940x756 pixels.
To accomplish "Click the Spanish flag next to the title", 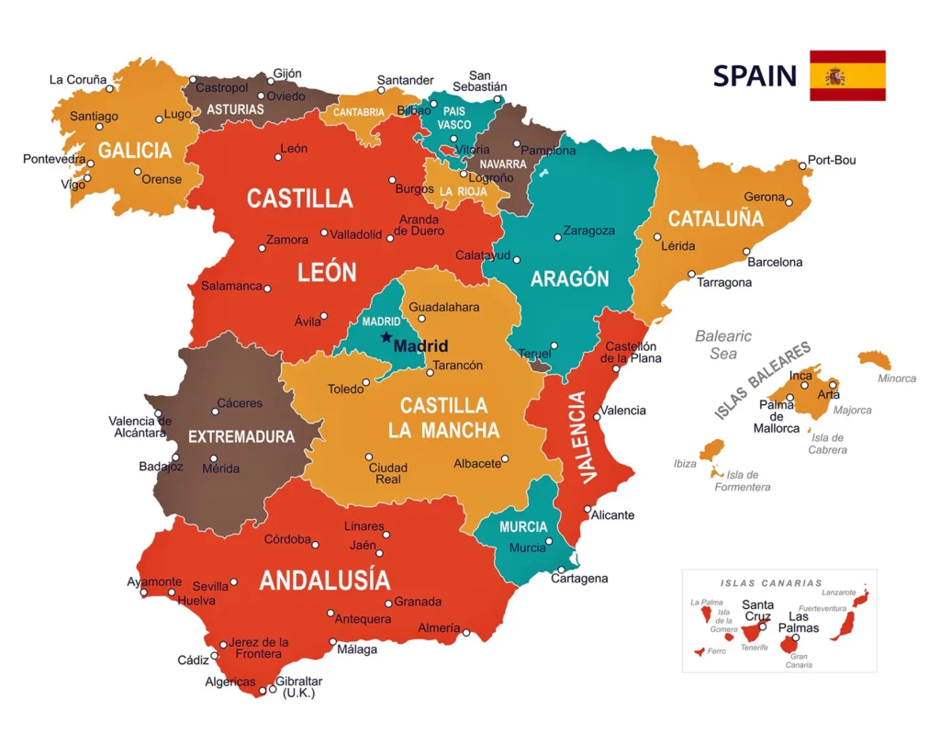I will pyautogui.click(x=846, y=75).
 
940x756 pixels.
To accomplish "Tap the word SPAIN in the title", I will pyautogui.click(x=755, y=75).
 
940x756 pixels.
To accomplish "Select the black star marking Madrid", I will pyautogui.click(x=386, y=337).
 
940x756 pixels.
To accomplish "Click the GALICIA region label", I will pyautogui.click(x=135, y=151).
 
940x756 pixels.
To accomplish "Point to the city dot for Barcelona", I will pyautogui.click(x=746, y=251).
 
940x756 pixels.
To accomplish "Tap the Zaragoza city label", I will pyautogui.click(x=588, y=231).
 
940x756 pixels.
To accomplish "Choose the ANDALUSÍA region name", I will pyautogui.click(x=324, y=580).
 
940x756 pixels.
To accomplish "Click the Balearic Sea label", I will pyautogui.click(x=722, y=344).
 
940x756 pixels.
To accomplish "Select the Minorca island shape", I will pyautogui.click(x=875, y=359).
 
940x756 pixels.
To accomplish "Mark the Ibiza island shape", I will pyautogui.click(x=711, y=450).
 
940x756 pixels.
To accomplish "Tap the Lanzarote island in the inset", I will pyautogui.click(x=861, y=599).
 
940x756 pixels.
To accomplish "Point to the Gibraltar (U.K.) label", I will pyautogui.click(x=299, y=687).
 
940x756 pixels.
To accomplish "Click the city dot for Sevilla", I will pyautogui.click(x=234, y=581).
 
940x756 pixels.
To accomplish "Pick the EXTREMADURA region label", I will pyautogui.click(x=241, y=437).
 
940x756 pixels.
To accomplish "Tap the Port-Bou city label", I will pyautogui.click(x=832, y=160).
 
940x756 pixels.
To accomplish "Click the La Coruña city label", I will pyautogui.click(x=78, y=80).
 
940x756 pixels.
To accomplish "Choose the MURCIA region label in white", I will pyautogui.click(x=523, y=527).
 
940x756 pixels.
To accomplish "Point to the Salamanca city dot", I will pyautogui.click(x=267, y=288).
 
